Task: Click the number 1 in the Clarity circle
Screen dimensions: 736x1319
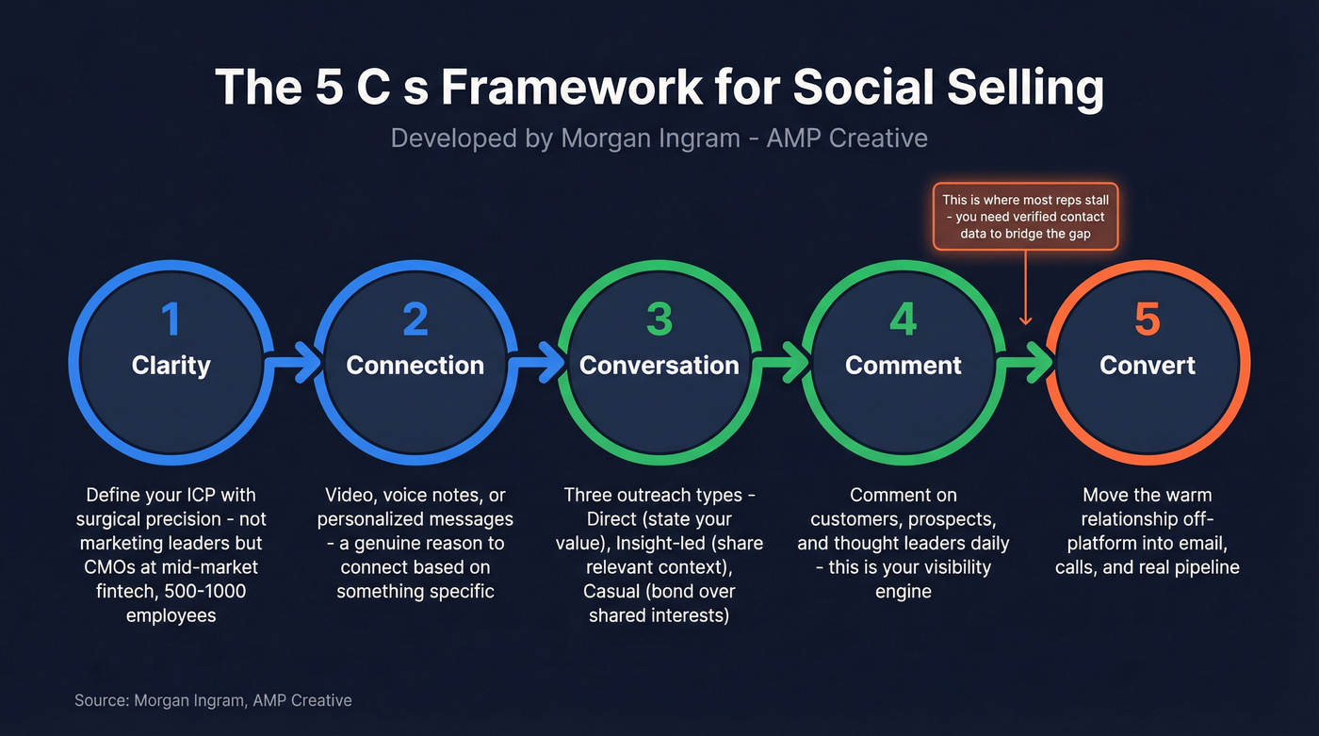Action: click(x=171, y=319)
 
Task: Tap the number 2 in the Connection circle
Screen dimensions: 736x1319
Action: click(x=415, y=319)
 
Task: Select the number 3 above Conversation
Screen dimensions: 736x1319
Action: click(x=659, y=319)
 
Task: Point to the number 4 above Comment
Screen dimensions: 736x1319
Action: click(x=903, y=319)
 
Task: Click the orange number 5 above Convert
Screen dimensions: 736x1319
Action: click(x=1147, y=319)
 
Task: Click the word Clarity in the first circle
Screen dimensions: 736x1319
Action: click(x=171, y=366)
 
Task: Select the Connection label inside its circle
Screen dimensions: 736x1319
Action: click(x=415, y=366)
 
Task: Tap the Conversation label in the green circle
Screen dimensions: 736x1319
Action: click(x=659, y=366)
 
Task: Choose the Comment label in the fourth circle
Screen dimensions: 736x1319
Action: click(x=903, y=366)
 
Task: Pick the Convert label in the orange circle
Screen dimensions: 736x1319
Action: click(x=1147, y=366)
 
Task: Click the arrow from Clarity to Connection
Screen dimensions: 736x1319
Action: click(x=294, y=363)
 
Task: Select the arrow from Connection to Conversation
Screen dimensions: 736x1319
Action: click(x=538, y=363)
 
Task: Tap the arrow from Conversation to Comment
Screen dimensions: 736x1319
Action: click(x=782, y=363)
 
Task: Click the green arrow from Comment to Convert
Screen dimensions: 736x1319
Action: click(x=1026, y=363)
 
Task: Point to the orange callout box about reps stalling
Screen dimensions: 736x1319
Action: click(x=1025, y=217)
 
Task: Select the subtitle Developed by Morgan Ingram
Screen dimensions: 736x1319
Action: click(x=659, y=138)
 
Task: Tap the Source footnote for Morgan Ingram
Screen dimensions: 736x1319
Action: click(x=213, y=700)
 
